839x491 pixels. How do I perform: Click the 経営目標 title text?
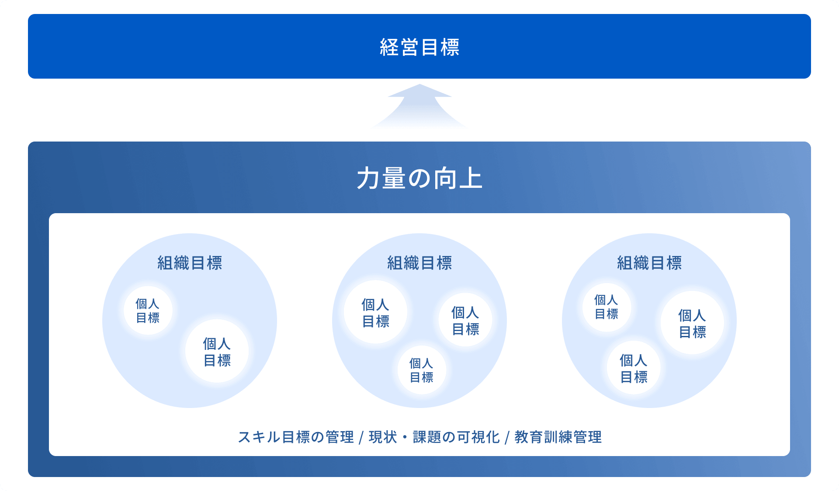point(419,47)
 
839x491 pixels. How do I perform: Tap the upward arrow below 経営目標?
point(419,106)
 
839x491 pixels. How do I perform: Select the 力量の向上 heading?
point(419,179)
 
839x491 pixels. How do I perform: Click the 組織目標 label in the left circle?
point(190,263)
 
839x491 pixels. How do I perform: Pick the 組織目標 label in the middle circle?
point(419,263)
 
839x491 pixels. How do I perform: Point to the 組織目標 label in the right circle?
point(649,263)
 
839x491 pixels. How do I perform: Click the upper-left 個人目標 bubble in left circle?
point(148,311)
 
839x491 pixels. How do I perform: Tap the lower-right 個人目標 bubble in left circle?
point(217,351)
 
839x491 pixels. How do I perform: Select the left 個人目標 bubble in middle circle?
point(376,312)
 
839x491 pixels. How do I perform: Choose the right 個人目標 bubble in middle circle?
point(465,320)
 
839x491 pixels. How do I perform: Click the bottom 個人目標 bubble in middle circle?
point(422,370)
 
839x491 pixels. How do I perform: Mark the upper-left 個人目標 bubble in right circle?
point(607,307)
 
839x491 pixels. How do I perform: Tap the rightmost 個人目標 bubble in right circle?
point(692,323)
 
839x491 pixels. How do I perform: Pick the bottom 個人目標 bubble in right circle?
point(634,368)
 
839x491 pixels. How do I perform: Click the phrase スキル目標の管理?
point(296,437)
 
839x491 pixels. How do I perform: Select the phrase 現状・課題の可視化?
point(434,437)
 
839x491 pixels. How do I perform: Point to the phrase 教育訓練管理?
point(558,437)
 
